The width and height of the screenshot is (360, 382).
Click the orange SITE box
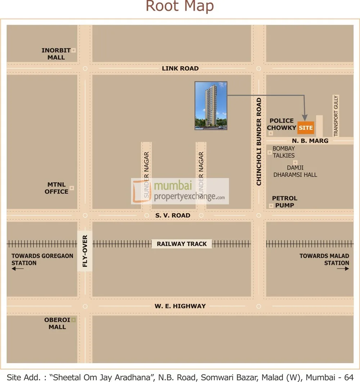306,128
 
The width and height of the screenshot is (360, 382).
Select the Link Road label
180,68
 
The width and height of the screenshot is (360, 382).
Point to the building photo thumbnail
211,105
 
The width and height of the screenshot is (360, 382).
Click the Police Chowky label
282,124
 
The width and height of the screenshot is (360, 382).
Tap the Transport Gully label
336,116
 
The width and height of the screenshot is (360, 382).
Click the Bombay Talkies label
284,152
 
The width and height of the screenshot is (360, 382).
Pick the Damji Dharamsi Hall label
295,171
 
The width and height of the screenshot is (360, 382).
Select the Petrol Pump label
284,202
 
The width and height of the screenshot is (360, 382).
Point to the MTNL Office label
57,188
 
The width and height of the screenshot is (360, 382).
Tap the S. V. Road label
173,216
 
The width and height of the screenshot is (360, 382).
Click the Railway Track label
182,244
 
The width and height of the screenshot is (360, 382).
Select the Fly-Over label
85,251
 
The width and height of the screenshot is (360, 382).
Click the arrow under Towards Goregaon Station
17,269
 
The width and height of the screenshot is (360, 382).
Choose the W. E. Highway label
180,306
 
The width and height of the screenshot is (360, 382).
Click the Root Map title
180,6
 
